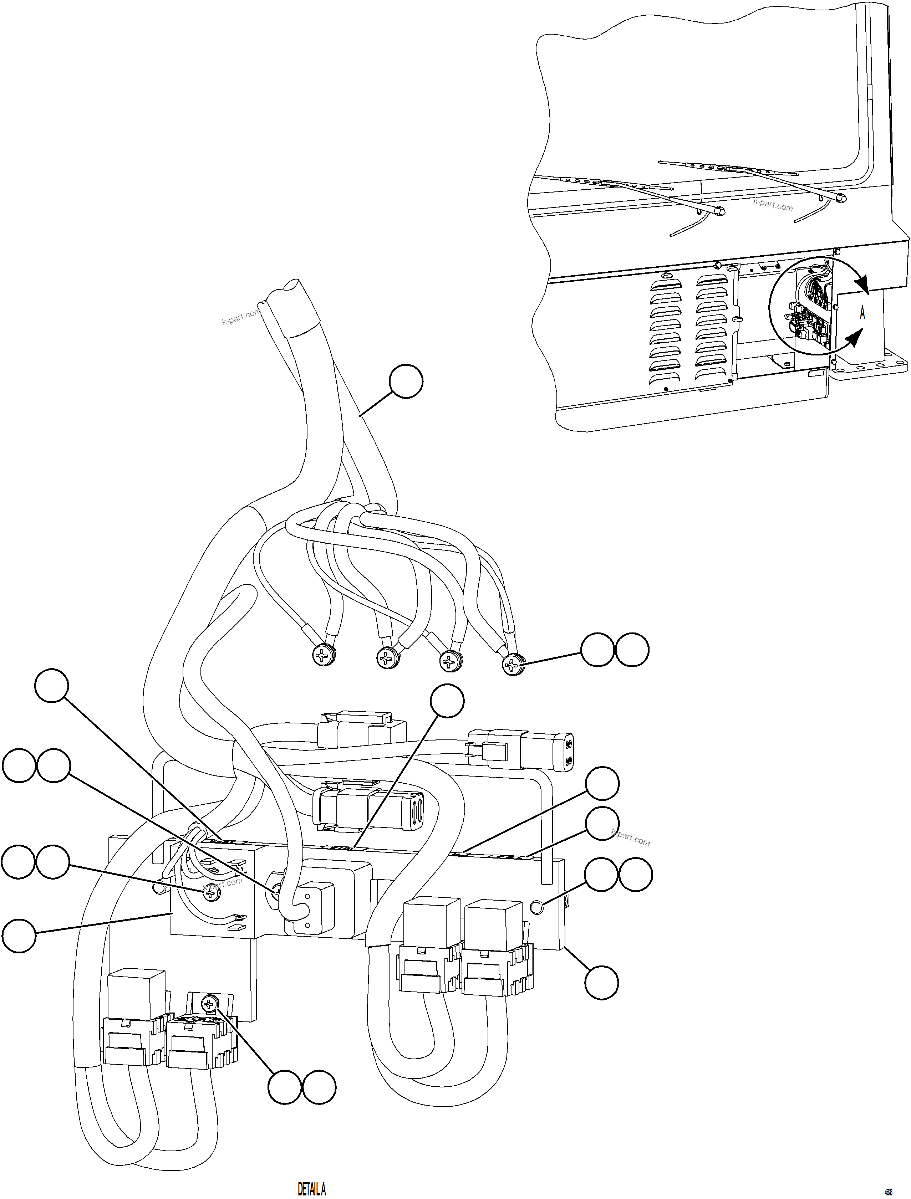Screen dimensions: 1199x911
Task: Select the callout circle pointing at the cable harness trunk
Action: click(x=406, y=381)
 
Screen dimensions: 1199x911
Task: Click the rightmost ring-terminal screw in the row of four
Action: click(x=513, y=664)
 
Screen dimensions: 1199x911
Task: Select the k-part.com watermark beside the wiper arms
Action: click(x=773, y=205)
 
